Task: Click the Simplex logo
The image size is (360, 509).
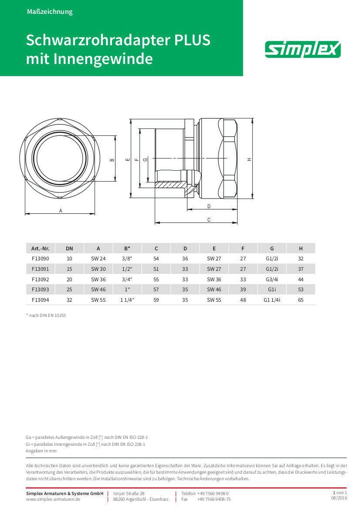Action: [303, 49]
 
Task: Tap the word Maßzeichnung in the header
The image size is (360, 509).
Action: [50, 12]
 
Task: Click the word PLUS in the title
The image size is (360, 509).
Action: [192, 40]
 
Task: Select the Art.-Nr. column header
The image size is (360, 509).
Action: [40, 248]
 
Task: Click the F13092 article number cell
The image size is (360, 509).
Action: [40, 279]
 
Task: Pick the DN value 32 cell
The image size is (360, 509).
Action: [69, 300]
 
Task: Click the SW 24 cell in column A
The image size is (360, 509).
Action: [98, 259]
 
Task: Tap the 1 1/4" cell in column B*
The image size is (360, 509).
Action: [127, 300]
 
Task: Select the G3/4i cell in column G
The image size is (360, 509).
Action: [272, 279]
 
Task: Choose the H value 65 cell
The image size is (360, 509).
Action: [301, 300]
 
